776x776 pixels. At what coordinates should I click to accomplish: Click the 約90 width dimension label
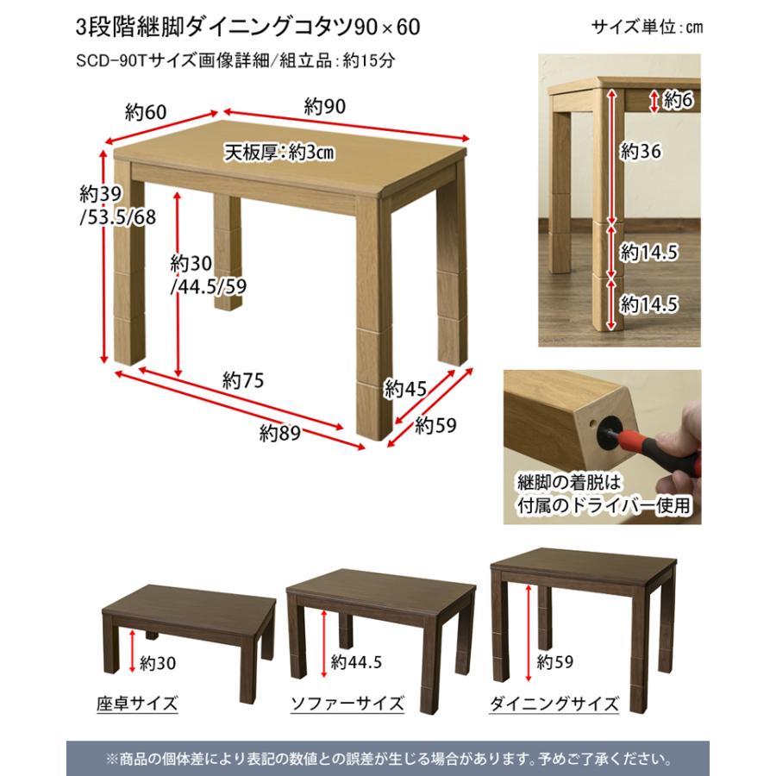tap(325, 106)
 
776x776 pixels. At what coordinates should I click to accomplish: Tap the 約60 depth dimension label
tap(145, 111)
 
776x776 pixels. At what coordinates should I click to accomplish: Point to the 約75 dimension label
tap(241, 379)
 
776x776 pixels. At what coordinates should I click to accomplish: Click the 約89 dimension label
tap(279, 434)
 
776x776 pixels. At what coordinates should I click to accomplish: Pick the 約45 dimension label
tap(405, 388)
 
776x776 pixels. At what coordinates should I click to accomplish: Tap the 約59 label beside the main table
tap(435, 425)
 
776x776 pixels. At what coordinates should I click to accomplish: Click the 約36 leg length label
tap(640, 153)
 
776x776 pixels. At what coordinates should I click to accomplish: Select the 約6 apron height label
tap(677, 100)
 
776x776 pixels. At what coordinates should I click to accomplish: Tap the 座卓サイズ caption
tap(138, 704)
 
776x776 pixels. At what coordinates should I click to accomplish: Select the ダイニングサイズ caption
tap(554, 704)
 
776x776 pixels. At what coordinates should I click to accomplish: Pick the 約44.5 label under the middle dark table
tap(356, 663)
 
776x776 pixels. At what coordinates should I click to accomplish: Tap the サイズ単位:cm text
tap(647, 27)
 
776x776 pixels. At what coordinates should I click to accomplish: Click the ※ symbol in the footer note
tap(111, 760)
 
